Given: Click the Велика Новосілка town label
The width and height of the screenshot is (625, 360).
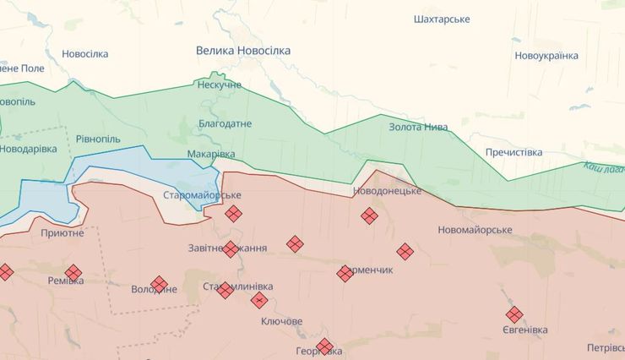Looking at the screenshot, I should (243, 51).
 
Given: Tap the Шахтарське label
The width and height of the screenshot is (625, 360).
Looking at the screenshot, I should (442, 19).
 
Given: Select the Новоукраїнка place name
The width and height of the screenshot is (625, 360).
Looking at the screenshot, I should (546, 56).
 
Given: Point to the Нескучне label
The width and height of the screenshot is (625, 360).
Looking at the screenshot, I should (219, 85).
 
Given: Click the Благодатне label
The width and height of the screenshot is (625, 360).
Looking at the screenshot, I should (225, 123).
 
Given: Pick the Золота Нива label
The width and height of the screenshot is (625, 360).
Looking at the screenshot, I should (418, 128).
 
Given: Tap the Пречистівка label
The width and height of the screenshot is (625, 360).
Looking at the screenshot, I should (514, 152).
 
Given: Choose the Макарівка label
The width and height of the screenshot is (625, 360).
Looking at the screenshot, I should (211, 154).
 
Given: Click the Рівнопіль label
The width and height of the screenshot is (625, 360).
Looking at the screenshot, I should (98, 139).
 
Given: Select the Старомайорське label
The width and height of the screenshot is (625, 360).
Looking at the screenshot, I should (202, 195).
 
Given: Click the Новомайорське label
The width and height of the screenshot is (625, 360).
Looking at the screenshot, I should (476, 230).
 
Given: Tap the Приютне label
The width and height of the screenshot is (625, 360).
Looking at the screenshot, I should (62, 232).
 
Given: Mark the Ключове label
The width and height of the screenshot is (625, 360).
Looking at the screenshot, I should (282, 322).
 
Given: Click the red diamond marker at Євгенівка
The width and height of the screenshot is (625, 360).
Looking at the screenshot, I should (514, 314).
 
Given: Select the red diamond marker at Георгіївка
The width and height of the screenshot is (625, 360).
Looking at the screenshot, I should (324, 346).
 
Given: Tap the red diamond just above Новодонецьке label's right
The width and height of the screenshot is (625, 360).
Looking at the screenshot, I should (369, 215).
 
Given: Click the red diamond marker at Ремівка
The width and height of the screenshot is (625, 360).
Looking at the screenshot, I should (73, 273).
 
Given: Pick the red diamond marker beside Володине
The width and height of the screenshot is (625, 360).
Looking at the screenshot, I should (159, 285).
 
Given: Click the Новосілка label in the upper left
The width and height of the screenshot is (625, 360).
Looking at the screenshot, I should (84, 54).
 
